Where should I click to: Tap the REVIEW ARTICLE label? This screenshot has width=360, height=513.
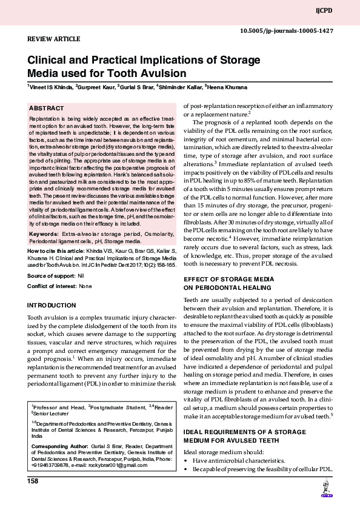point(50,38)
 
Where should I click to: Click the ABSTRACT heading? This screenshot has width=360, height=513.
point(47,109)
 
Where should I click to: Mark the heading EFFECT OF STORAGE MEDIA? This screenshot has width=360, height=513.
point(228,278)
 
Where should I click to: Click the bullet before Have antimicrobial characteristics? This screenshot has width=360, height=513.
point(185,461)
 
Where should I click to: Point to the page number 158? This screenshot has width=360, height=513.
point(33,481)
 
